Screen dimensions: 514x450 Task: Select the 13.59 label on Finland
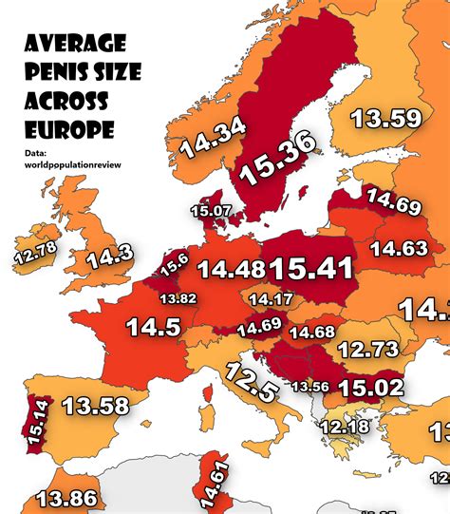[384, 119]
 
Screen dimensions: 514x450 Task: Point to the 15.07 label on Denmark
[212, 210]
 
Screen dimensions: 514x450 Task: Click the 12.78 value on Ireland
[34, 254]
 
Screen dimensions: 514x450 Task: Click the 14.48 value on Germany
[232, 270]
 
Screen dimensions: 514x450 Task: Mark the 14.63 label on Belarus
[399, 249]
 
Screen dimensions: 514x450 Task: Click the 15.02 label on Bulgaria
[371, 388]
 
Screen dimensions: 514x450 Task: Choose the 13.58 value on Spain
[95, 407]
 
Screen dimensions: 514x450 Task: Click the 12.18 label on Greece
[344, 428]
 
